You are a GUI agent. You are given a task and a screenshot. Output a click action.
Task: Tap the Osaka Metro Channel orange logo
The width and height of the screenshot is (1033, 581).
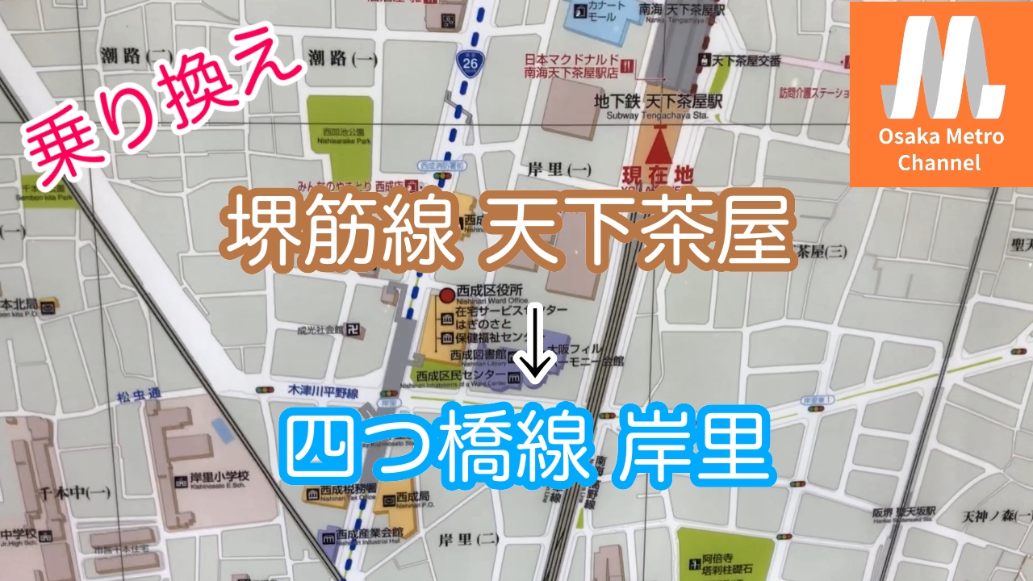pos(941,94)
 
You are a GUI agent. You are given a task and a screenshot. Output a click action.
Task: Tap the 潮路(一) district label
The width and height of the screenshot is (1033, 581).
pos(343,58)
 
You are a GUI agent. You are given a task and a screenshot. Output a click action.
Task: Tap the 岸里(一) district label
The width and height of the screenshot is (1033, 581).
pos(559,170)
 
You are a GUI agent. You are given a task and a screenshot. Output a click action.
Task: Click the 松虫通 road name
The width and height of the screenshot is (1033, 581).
pos(138,395)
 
